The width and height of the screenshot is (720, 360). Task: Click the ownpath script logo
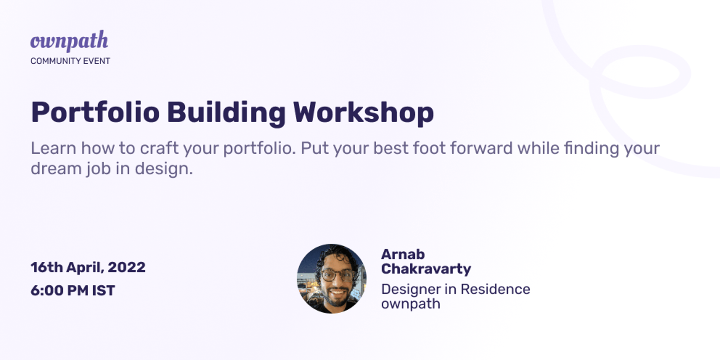point(69,41)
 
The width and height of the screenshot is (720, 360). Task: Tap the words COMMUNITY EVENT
point(70,61)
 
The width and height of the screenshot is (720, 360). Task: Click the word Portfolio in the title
point(96,112)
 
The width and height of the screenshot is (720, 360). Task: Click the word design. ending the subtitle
point(164,169)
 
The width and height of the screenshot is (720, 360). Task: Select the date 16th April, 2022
point(88,267)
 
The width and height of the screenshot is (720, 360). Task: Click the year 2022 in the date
point(127,267)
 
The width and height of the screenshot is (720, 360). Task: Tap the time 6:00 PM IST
point(73,291)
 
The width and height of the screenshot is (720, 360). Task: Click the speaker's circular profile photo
point(331,279)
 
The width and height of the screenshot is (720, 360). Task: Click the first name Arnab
point(403,254)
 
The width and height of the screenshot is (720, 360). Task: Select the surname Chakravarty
point(426,269)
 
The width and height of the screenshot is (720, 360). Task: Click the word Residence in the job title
point(495,289)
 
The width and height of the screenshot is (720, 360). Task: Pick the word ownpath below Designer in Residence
point(411,304)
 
